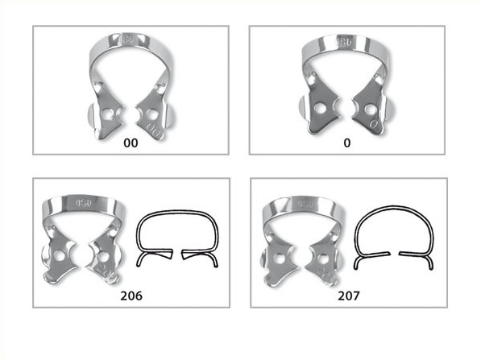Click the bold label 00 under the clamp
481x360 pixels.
131,143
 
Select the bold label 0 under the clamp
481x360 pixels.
347,143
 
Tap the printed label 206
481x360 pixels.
131,296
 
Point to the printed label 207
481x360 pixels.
348,296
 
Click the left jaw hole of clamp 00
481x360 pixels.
108,114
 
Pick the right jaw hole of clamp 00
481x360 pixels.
151,114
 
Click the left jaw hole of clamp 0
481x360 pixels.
321,109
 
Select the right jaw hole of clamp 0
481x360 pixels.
370,110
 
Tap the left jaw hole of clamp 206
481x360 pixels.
60,255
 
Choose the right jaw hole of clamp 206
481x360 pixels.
102,256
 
